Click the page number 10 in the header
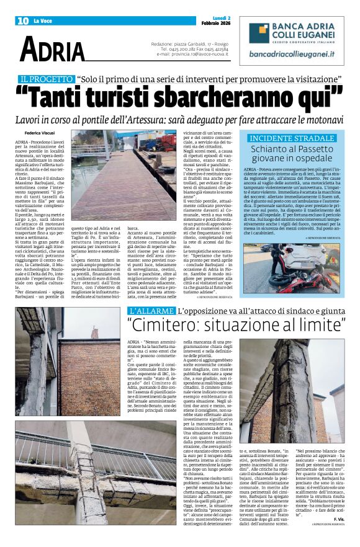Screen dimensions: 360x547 click(22, 21)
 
